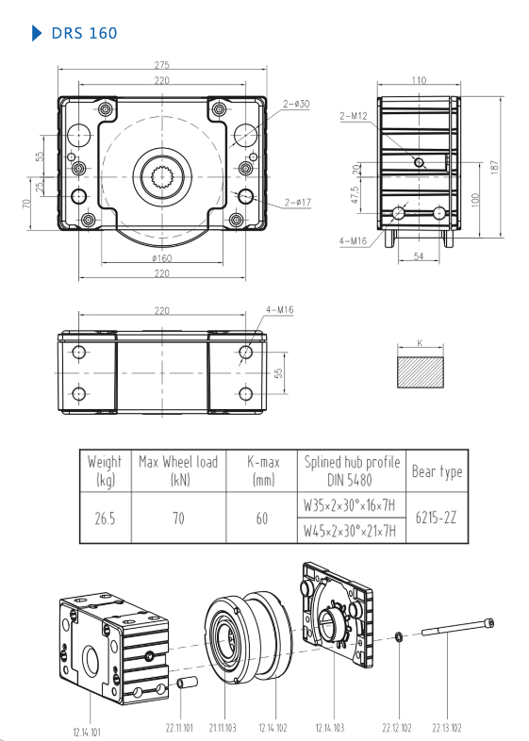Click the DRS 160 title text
pyautogui.click(x=85, y=34)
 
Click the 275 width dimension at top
pyautogui.click(x=161, y=65)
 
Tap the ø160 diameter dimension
pyautogui.click(x=161, y=257)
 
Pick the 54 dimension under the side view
pyautogui.click(x=419, y=256)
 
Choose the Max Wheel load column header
pyautogui.click(x=177, y=469)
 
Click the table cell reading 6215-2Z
pyautogui.click(x=437, y=519)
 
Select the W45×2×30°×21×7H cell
pyautogui.click(x=350, y=532)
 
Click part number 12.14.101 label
pyautogui.click(x=88, y=730)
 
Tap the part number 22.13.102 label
pyautogui.click(x=448, y=727)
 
